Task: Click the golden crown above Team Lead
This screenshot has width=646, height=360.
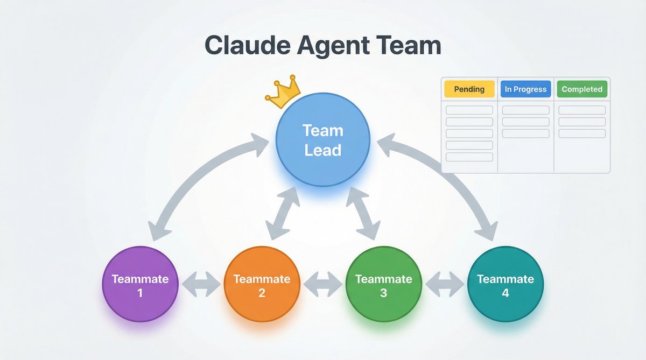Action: pyautogui.click(x=283, y=93)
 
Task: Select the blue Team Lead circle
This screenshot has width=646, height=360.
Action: pyautogui.click(x=322, y=139)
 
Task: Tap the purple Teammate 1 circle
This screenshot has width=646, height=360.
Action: pyautogui.click(x=140, y=285)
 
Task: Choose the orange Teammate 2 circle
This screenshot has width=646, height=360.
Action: pyautogui.click(x=262, y=285)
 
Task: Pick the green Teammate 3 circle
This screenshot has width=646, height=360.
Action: pyautogui.click(x=383, y=285)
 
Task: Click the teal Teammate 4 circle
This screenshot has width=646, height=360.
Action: pyautogui.click(x=505, y=285)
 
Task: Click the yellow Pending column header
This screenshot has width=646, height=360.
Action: pyautogui.click(x=469, y=89)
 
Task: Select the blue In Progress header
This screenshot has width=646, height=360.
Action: pyautogui.click(x=525, y=89)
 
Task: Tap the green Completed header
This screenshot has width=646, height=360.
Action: pyautogui.click(x=582, y=89)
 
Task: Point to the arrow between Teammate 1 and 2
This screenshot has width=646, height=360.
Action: pyautogui.click(x=201, y=284)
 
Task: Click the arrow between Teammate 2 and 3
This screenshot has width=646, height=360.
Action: pyautogui.click(x=322, y=284)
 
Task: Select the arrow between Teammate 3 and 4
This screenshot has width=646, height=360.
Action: pyautogui.click(x=444, y=284)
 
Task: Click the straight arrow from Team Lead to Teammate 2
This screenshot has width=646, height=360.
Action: pyautogui.click(x=283, y=214)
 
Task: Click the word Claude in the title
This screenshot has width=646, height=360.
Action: pyautogui.click(x=245, y=45)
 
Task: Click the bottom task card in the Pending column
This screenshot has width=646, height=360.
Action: pyautogui.click(x=469, y=157)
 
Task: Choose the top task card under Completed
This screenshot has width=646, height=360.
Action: pyautogui.click(x=582, y=110)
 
